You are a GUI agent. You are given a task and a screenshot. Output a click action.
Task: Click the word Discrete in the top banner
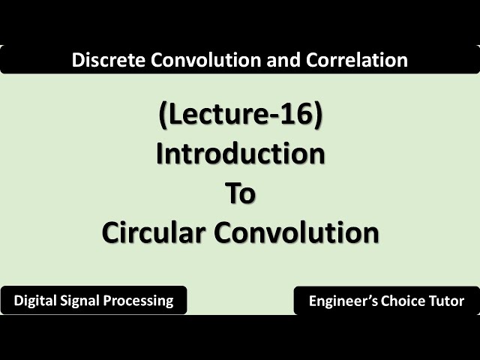pyautogui.click(x=99, y=61)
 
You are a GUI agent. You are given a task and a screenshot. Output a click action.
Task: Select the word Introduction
pyautogui.click(x=240, y=154)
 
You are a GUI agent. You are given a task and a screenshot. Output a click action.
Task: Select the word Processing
pyautogui.click(x=142, y=301)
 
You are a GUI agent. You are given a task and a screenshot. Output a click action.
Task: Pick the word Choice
pyautogui.click(x=402, y=301)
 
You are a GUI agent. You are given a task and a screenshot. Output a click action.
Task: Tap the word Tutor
pyautogui.click(x=447, y=301)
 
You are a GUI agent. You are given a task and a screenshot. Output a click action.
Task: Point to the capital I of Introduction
pyautogui.click(x=160, y=154)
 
